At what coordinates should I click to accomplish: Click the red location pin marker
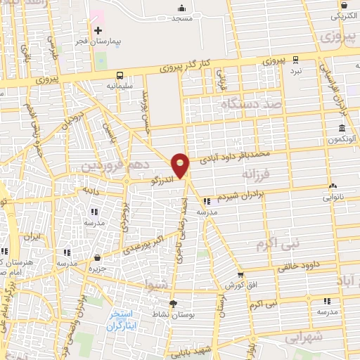181,165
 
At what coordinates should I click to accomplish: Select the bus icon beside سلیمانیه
119,75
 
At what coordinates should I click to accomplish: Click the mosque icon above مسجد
183,8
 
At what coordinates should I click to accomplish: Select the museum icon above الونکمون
342,129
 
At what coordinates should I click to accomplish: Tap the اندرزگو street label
162,180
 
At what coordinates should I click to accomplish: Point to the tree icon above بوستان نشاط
173,304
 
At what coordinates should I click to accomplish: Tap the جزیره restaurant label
97,268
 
